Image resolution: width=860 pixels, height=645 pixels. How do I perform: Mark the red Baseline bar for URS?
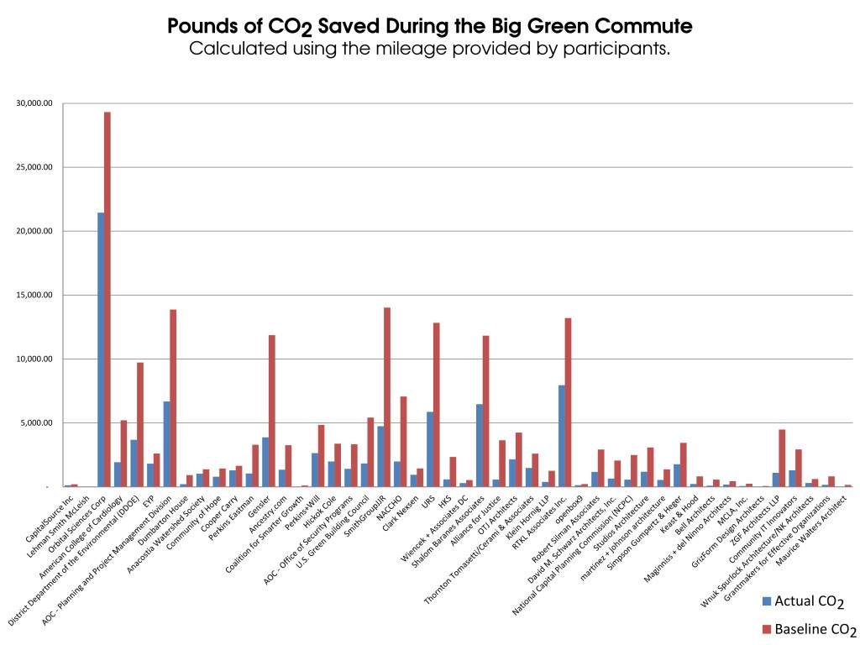(x=437, y=404)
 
